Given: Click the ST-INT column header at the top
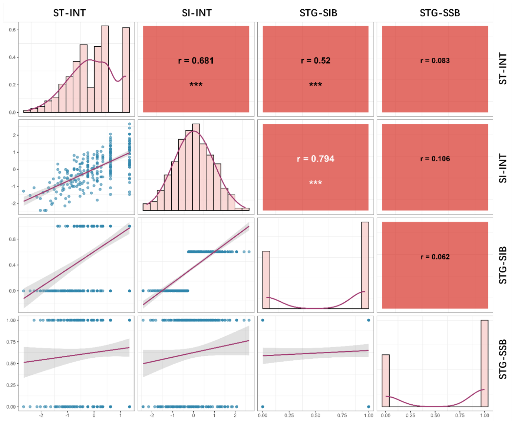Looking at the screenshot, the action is pyautogui.click(x=70, y=13).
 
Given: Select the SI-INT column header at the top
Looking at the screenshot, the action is pyautogui.click(x=197, y=13).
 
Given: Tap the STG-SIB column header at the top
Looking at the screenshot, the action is pyautogui.click(x=318, y=13).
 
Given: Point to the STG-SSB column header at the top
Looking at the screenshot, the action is pyautogui.click(x=440, y=13).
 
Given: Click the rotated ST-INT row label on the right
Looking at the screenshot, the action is pyautogui.click(x=503, y=68).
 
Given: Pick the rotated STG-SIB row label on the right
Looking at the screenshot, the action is pyautogui.click(x=503, y=265).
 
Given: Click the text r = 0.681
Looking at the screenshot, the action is pyautogui.click(x=196, y=61).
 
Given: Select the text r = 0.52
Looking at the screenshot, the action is pyautogui.click(x=316, y=61).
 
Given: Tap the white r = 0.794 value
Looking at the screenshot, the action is pyautogui.click(x=316, y=159).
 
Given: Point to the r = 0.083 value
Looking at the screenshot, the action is pyautogui.click(x=435, y=61).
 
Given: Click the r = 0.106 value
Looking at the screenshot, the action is pyautogui.click(x=435, y=159).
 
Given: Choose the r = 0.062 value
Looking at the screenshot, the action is pyautogui.click(x=435, y=257).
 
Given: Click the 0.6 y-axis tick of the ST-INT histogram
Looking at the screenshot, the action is pyautogui.click(x=12, y=30).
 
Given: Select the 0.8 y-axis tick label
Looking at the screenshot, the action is pyautogui.click(x=12, y=239).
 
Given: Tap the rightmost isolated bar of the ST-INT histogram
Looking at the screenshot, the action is pyautogui.click(x=126, y=70).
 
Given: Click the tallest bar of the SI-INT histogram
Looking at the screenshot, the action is pyautogui.click(x=196, y=167).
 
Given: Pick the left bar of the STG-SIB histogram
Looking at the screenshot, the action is pyautogui.click(x=266, y=280).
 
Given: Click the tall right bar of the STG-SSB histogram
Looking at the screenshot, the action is pyautogui.click(x=485, y=363).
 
